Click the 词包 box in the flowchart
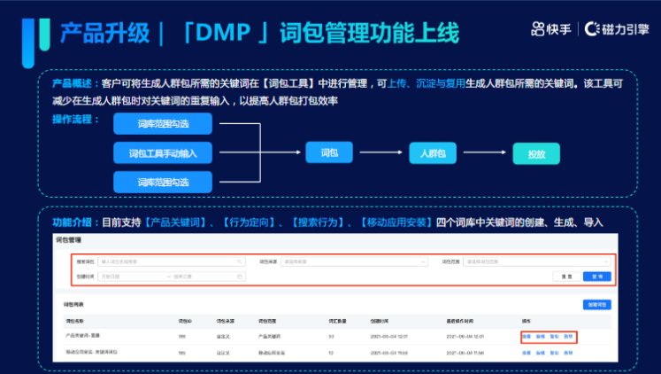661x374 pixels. tap(328, 152)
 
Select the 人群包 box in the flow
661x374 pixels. tap(433, 153)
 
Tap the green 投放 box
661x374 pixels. tap(536, 153)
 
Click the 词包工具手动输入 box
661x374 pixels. tap(163, 152)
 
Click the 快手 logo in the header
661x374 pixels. tap(551, 29)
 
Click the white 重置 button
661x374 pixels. tap(564, 277)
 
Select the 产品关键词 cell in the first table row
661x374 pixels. tap(269, 336)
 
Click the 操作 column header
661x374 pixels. tap(526, 319)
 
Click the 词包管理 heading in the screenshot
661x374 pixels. tap(68, 240)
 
